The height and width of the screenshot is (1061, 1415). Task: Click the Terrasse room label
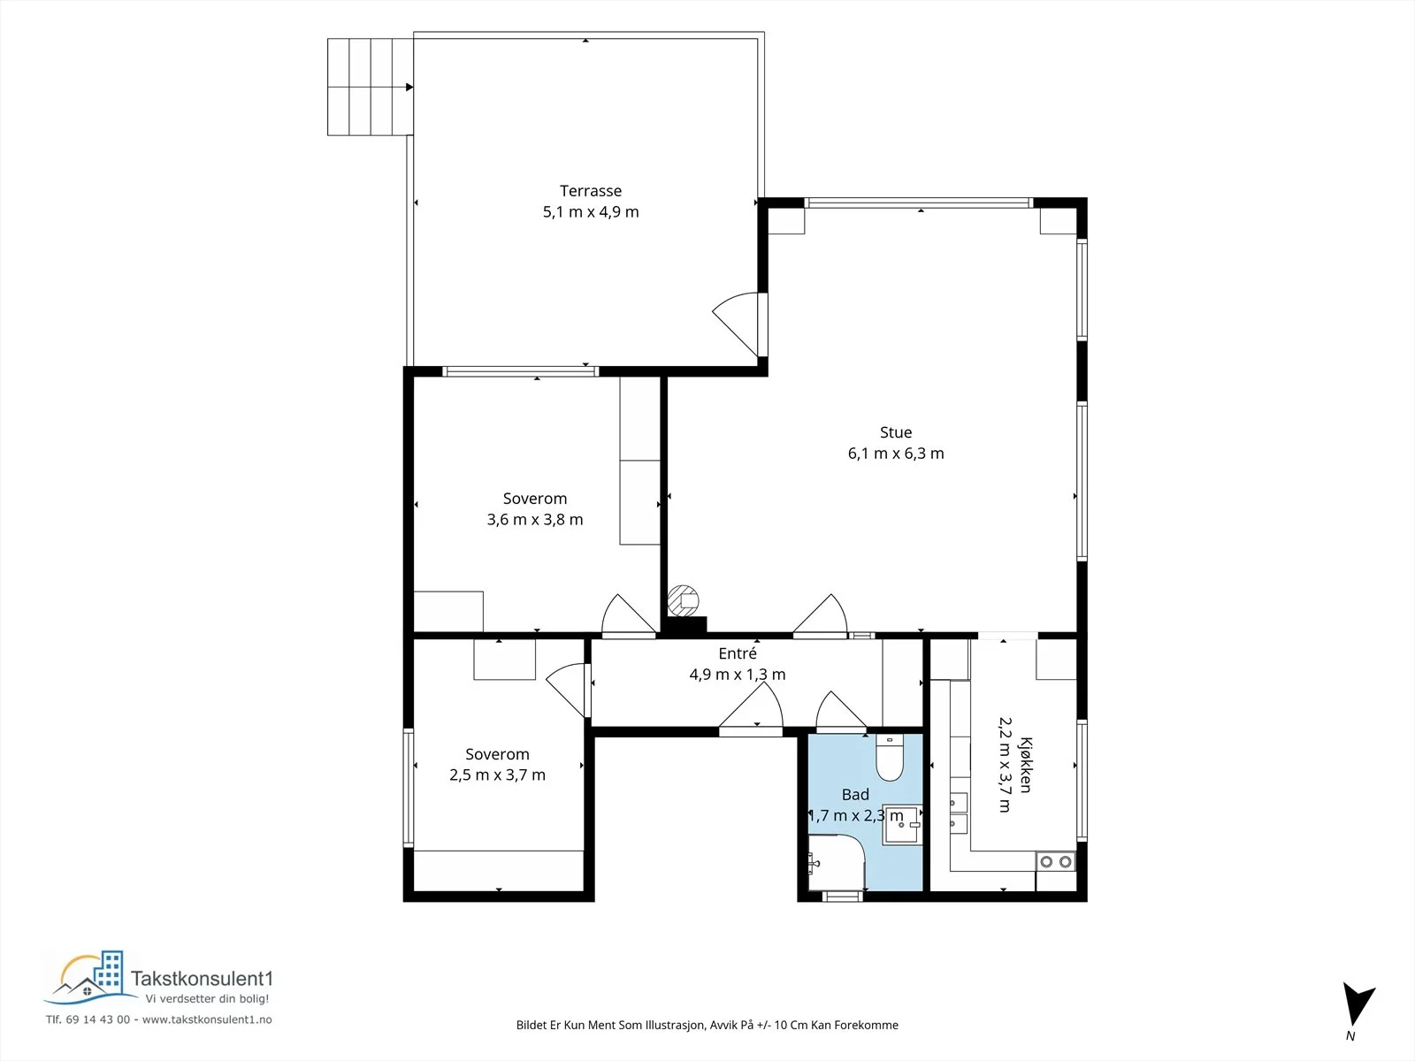click(591, 191)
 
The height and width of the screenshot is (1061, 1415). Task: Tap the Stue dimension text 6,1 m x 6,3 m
click(895, 454)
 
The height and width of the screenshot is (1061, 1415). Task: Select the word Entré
click(738, 653)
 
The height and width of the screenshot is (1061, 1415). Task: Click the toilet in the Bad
click(890, 758)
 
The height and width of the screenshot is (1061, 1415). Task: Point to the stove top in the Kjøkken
click(1055, 861)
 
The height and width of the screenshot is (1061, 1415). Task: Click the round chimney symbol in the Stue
click(683, 600)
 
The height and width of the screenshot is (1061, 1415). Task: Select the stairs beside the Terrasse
click(370, 87)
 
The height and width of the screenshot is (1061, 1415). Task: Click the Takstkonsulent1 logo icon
click(90, 977)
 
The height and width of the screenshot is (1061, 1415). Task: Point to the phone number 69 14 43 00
click(97, 1019)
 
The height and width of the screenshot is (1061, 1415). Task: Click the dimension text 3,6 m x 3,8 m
click(535, 520)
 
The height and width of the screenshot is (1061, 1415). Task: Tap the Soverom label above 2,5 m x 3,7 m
click(497, 753)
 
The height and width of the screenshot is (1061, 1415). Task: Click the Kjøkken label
click(1026, 765)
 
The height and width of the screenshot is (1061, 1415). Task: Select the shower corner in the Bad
click(836, 863)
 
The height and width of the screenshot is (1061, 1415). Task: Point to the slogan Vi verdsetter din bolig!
click(207, 999)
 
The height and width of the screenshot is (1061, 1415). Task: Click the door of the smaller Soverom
click(568, 690)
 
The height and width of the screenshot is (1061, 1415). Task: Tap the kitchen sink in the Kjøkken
click(959, 813)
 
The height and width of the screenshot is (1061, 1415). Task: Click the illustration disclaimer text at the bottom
click(707, 1025)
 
